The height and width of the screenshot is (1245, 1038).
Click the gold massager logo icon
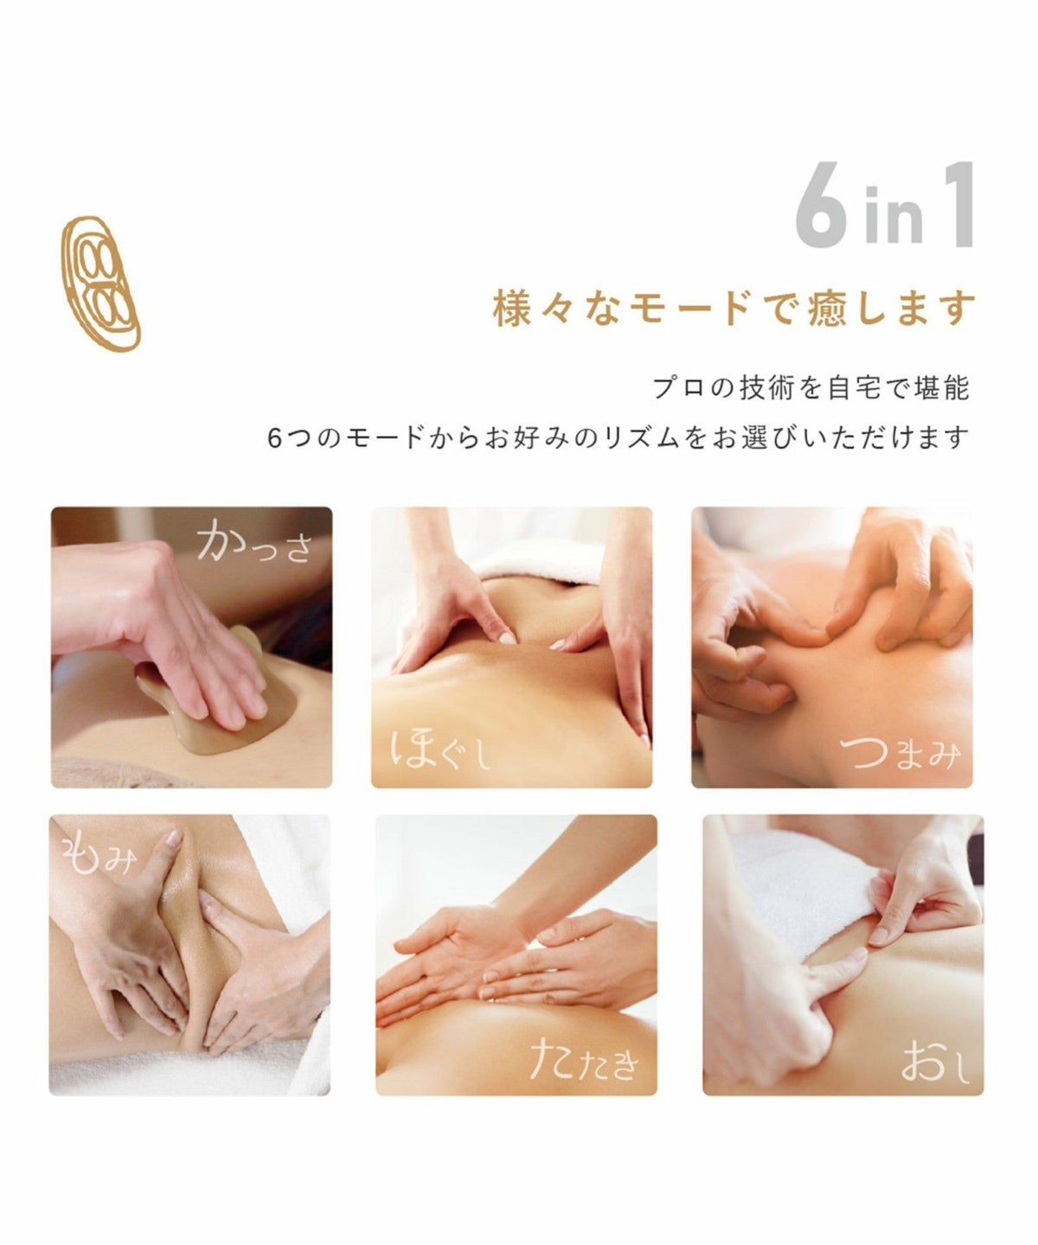coord(101,284)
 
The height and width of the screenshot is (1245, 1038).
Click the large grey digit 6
coord(822,205)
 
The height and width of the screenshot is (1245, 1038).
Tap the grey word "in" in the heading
coord(894,214)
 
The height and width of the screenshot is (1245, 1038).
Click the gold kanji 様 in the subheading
coord(512,309)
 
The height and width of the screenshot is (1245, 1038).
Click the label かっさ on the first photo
coord(255,541)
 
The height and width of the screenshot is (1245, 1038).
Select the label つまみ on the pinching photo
coord(900,753)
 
